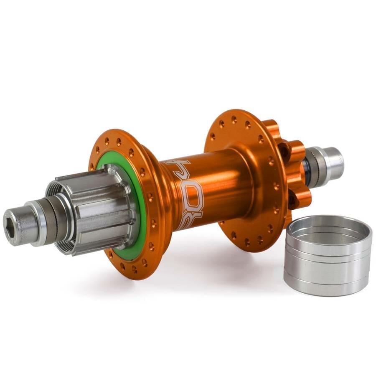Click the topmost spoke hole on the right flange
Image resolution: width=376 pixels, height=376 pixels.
pyautogui.click(x=234, y=119)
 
